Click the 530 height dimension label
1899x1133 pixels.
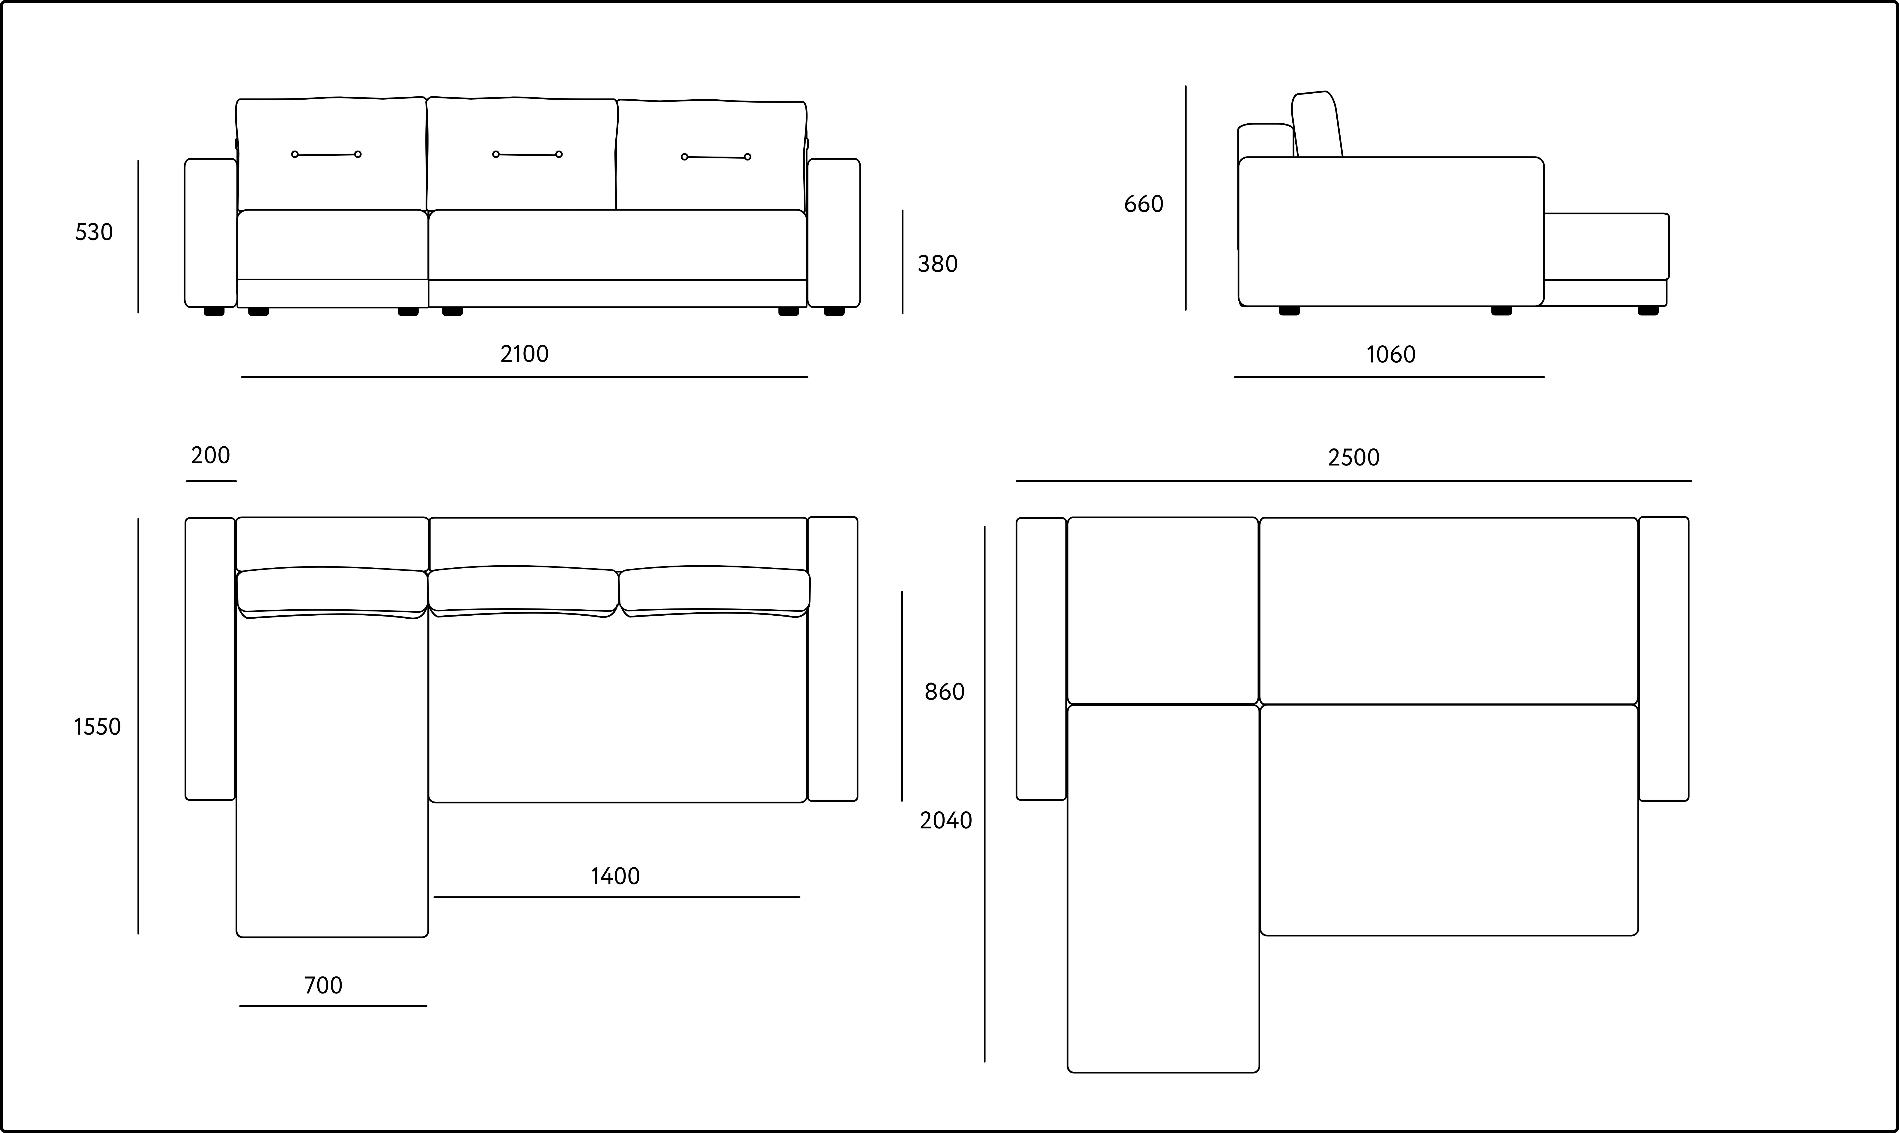tap(94, 232)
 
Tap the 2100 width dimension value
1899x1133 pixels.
tap(525, 353)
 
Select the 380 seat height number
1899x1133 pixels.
tap(938, 264)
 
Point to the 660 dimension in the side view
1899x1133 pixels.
tap(1144, 204)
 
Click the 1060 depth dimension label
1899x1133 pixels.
tap(1390, 354)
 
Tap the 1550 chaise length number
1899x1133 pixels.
tap(97, 727)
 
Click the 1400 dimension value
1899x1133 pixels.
tap(615, 876)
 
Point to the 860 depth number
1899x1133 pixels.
tap(945, 692)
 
